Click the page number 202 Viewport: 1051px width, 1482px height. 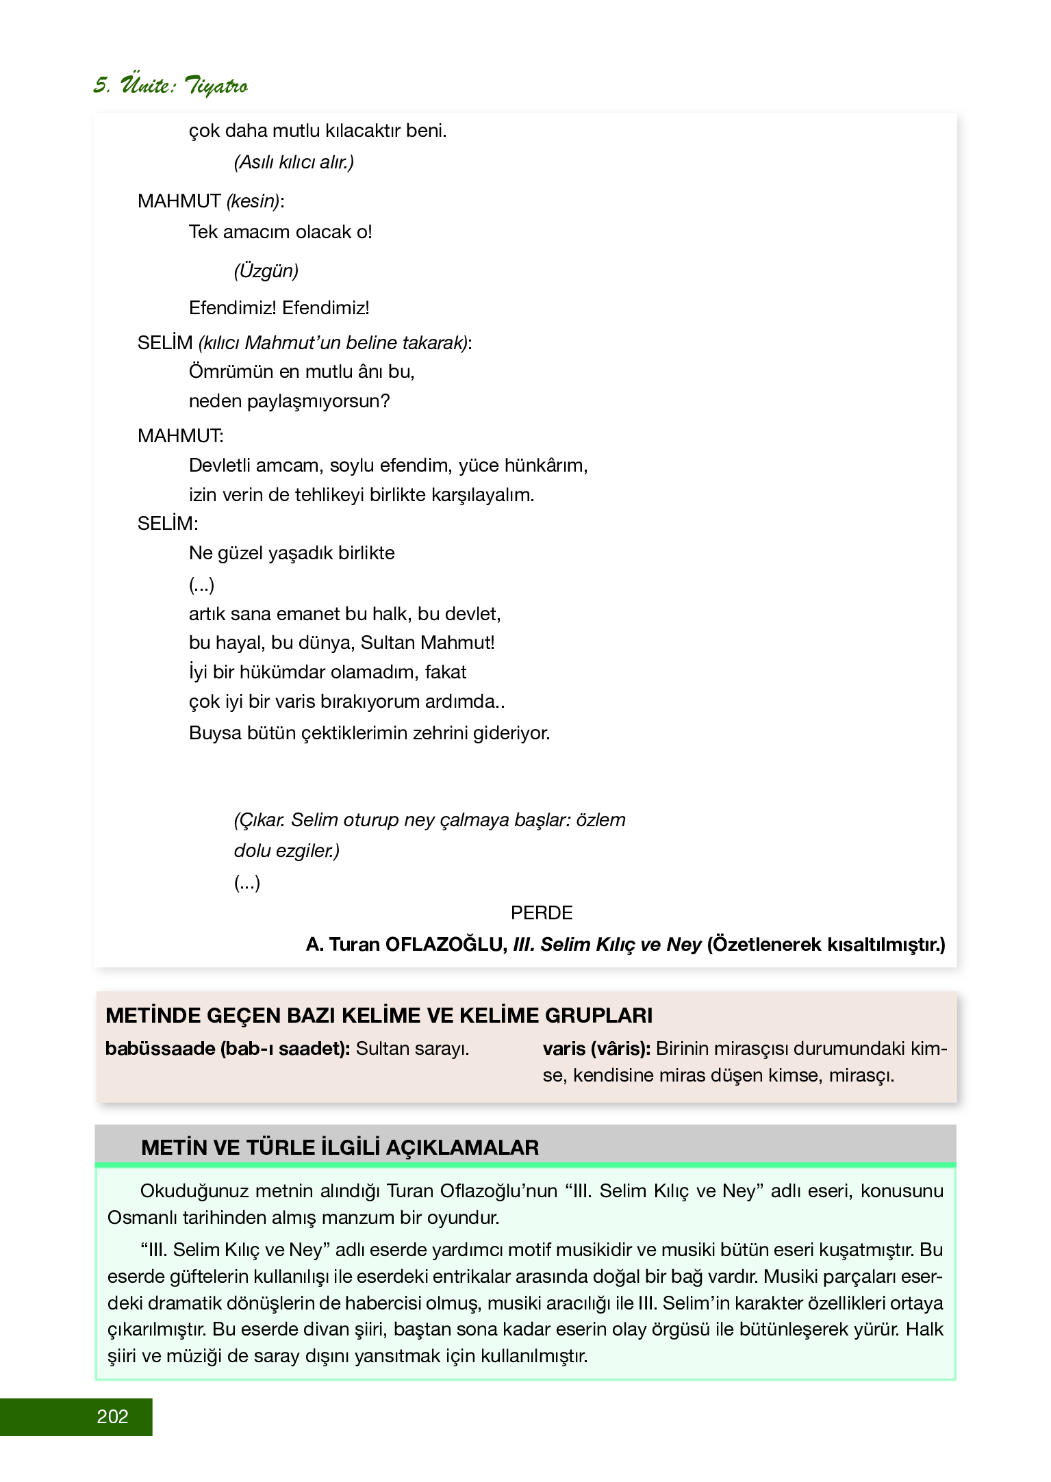pyautogui.click(x=113, y=1416)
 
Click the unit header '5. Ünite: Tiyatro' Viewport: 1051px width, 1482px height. pyautogui.click(x=170, y=86)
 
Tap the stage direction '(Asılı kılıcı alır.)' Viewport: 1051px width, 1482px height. pyautogui.click(x=294, y=162)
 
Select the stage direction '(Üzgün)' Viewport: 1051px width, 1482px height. pyautogui.click(x=266, y=270)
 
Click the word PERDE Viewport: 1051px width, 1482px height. pyautogui.click(x=541, y=912)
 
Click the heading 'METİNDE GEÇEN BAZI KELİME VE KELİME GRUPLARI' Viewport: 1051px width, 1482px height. pyautogui.click(x=379, y=1015)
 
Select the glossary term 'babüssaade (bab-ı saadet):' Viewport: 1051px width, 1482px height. pyautogui.click(x=228, y=1049)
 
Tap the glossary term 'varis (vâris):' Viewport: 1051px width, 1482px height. pyautogui.click(x=596, y=1049)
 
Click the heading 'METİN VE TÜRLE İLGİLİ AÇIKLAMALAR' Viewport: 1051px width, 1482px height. pyautogui.click(x=340, y=1147)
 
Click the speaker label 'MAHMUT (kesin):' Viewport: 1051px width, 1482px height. pyautogui.click(x=210, y=201)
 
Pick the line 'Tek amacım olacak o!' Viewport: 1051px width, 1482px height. pyautogui.click(x=280, y=232)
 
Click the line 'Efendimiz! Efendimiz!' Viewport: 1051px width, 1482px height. pyautogui.click(x=279, y=308)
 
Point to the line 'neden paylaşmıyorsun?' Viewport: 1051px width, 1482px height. pyautogui.click(x=289, y=401)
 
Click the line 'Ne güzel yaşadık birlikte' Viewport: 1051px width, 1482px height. pyautogui.click(x=292, y=553)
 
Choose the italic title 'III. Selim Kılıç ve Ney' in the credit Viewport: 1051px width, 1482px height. pyautogui.click(x=607, y=945)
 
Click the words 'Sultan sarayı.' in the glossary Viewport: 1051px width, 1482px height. pyautogui.click(x=412, y=1049)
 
